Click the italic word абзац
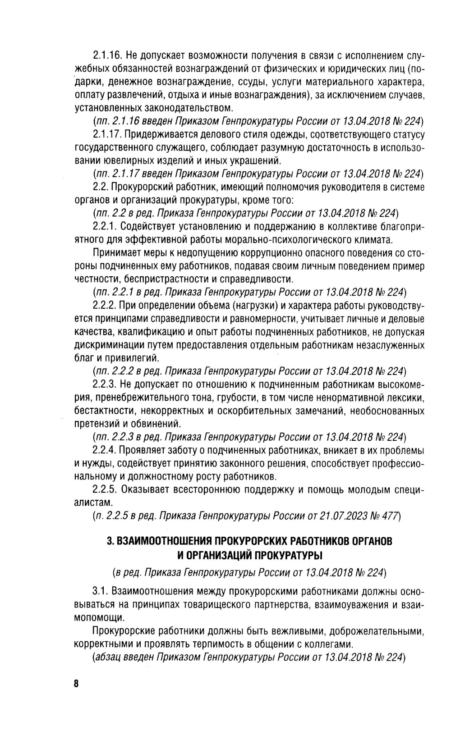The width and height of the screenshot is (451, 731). pos(106,657)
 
